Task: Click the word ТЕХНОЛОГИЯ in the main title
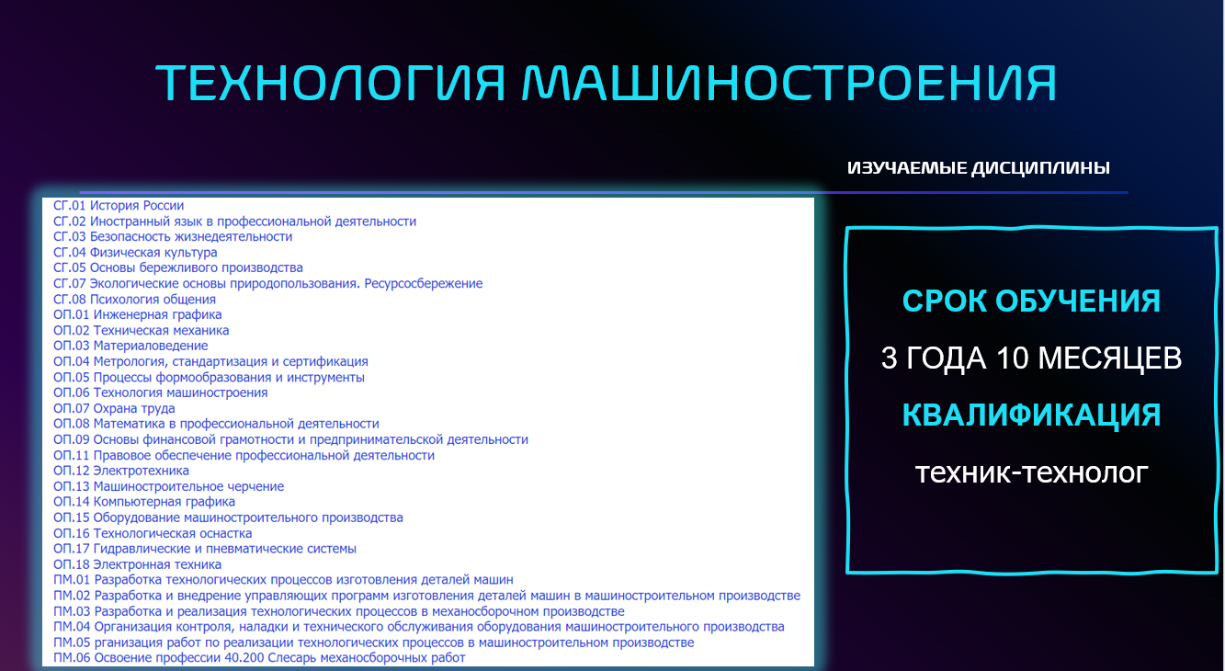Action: tap(330, 83)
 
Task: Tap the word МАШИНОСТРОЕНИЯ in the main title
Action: tap(789, 83)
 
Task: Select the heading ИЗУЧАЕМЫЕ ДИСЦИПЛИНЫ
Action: tap(979, 168)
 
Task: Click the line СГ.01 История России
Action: tap(119, 206)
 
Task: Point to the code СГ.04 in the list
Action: tap(70, 253)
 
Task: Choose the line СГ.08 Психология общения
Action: tap(134, 300)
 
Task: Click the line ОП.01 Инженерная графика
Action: tap(137, 315)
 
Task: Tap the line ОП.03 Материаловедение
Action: tap(130, 347)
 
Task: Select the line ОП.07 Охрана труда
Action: tap(114, 408)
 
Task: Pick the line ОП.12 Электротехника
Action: tap(121, 471)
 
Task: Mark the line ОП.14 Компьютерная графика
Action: tap(144, 502)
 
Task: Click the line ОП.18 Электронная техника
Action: tap(137, 564)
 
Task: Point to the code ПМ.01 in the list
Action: tap(72, 580)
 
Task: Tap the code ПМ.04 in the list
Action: tap(72, 627)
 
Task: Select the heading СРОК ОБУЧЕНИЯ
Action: tap(1031, 301)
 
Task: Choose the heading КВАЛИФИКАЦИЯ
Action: tap(1031, 415)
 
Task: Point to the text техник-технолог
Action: tap(1031, 472)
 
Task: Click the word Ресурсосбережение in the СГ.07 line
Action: tap(424, 284)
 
